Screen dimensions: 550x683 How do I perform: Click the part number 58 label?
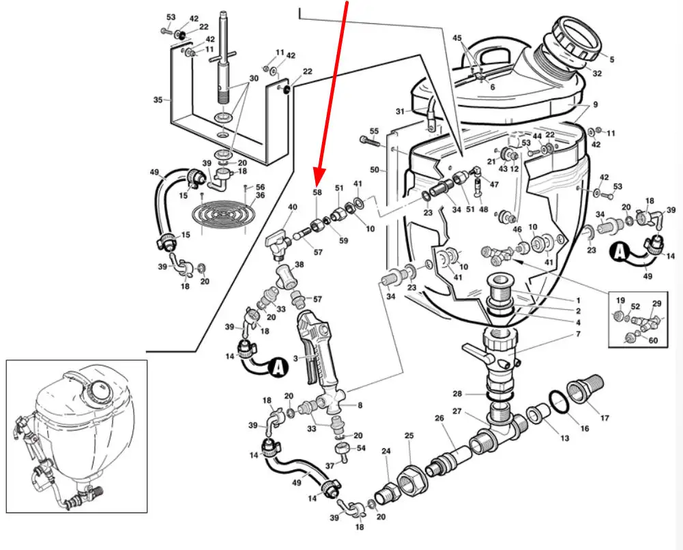coord(317,193)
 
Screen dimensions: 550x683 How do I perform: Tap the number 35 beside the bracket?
coord(158,100)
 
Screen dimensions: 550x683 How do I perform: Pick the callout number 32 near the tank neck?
coord(597,74)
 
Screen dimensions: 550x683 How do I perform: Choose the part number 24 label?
coord(386,451)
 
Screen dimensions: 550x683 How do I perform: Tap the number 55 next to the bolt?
coord(374,130)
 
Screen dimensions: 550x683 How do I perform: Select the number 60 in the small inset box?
coord(654,340)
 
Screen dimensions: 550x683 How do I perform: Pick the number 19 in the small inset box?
coord(620,300)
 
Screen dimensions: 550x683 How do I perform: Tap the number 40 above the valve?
coord(293,207)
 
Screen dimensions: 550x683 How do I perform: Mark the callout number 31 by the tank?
coord(400,112)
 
